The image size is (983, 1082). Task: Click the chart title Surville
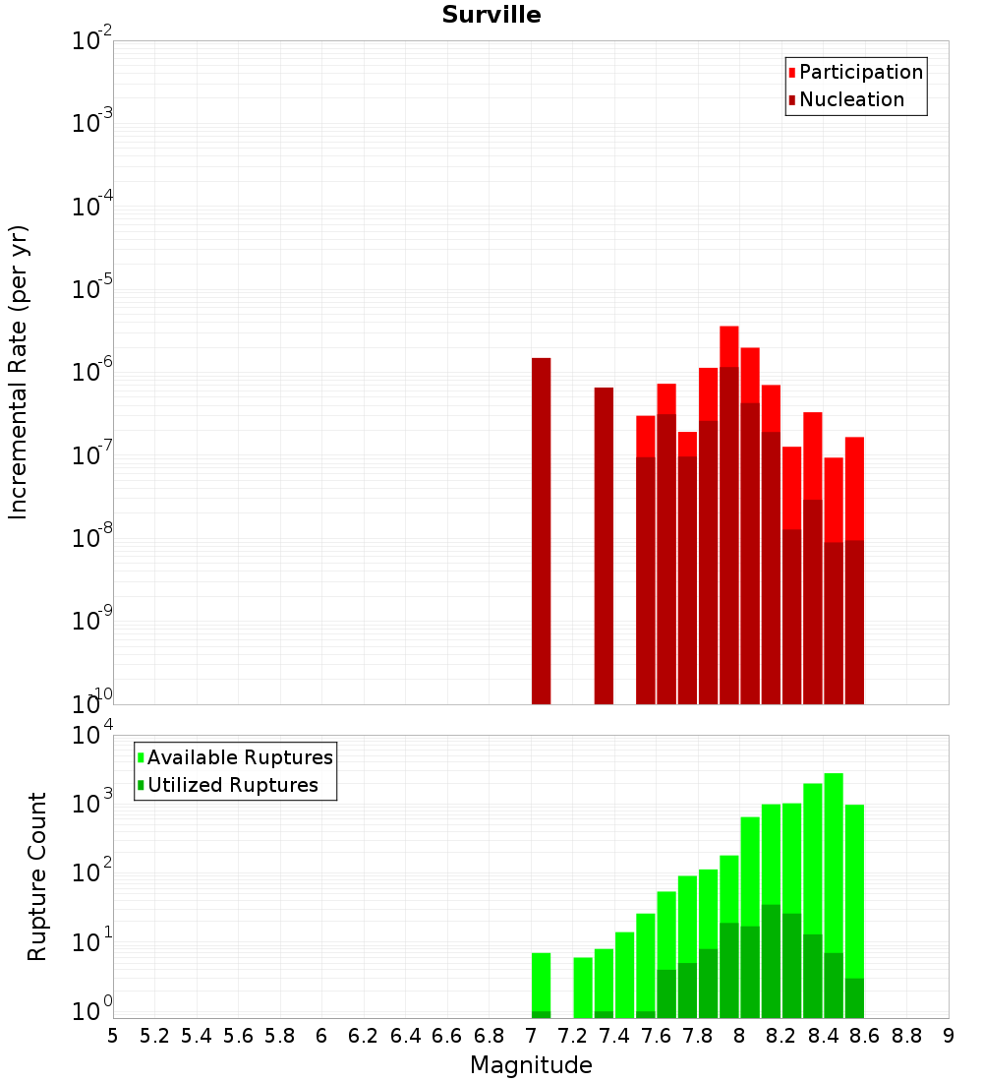(491, 15)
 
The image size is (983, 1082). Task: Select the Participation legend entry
(860, 72)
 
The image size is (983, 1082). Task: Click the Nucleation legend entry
(850, 99)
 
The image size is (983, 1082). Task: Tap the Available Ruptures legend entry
(239, 757)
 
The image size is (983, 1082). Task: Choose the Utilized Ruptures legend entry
(232, 785)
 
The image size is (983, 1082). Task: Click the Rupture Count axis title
(37, 875)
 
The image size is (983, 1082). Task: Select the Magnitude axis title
(531, 1065)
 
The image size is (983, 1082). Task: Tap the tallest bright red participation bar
(728, 345)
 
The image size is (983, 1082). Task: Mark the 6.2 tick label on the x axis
(364, 1036)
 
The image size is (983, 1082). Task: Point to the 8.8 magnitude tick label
(906, 1036)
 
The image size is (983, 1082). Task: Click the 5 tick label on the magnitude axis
(113, 1036)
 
